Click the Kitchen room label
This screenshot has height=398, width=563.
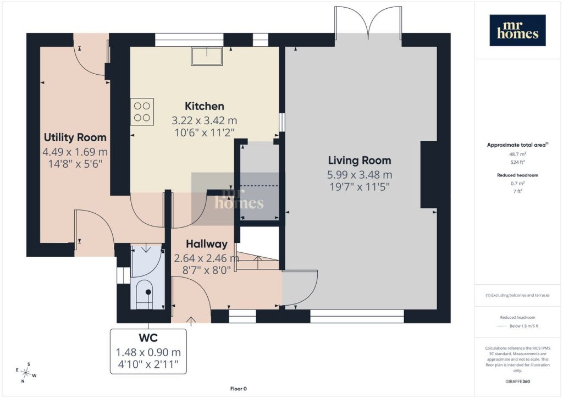coord(205,106)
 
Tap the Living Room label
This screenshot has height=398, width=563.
coord(360,161)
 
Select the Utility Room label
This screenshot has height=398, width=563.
coord(75,137)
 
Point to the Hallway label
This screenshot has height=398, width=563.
coord(207,244)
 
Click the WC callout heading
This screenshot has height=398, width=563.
coord(148,338)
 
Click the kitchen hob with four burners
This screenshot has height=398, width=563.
coord(142,112)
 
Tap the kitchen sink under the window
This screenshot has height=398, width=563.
coord(207,56)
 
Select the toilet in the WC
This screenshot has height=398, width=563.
coord(145,294)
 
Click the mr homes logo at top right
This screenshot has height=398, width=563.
coord(517,30)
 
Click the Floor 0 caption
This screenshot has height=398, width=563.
coord(239,389)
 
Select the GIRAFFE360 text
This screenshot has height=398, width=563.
coord(517,382)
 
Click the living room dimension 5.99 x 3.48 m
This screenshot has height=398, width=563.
coord(360,175)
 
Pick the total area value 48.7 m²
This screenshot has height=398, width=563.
coord(517,154)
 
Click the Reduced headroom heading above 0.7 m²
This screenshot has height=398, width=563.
coord(517,175)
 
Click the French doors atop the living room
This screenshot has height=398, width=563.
coord(368,22)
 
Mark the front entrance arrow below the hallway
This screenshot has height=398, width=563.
coord(191,321)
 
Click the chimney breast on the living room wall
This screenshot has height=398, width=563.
coord(429,175)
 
